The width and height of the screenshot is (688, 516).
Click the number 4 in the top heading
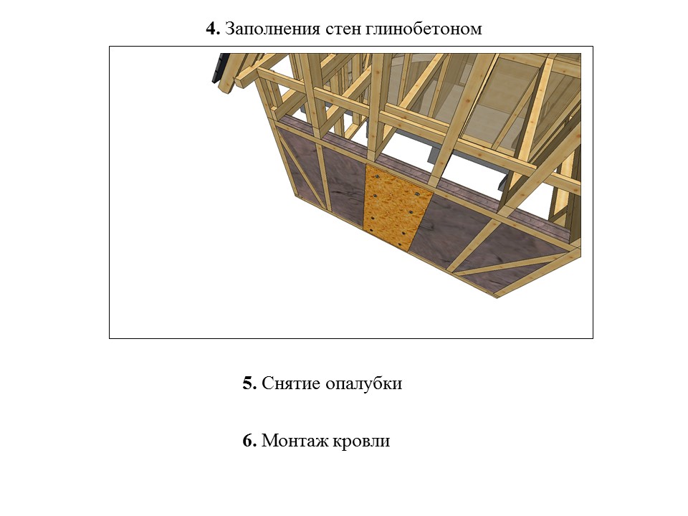213,29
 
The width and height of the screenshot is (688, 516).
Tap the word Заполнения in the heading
272,29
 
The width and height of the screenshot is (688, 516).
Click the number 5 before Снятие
249,383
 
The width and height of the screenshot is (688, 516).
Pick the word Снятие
291,383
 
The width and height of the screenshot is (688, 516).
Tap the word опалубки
364,383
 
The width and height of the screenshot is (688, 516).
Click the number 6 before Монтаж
249,440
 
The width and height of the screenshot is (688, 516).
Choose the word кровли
360,441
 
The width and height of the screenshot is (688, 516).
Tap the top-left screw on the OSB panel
376,176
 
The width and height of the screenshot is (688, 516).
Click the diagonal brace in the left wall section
302,170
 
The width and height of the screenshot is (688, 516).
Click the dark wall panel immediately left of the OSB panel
344,182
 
